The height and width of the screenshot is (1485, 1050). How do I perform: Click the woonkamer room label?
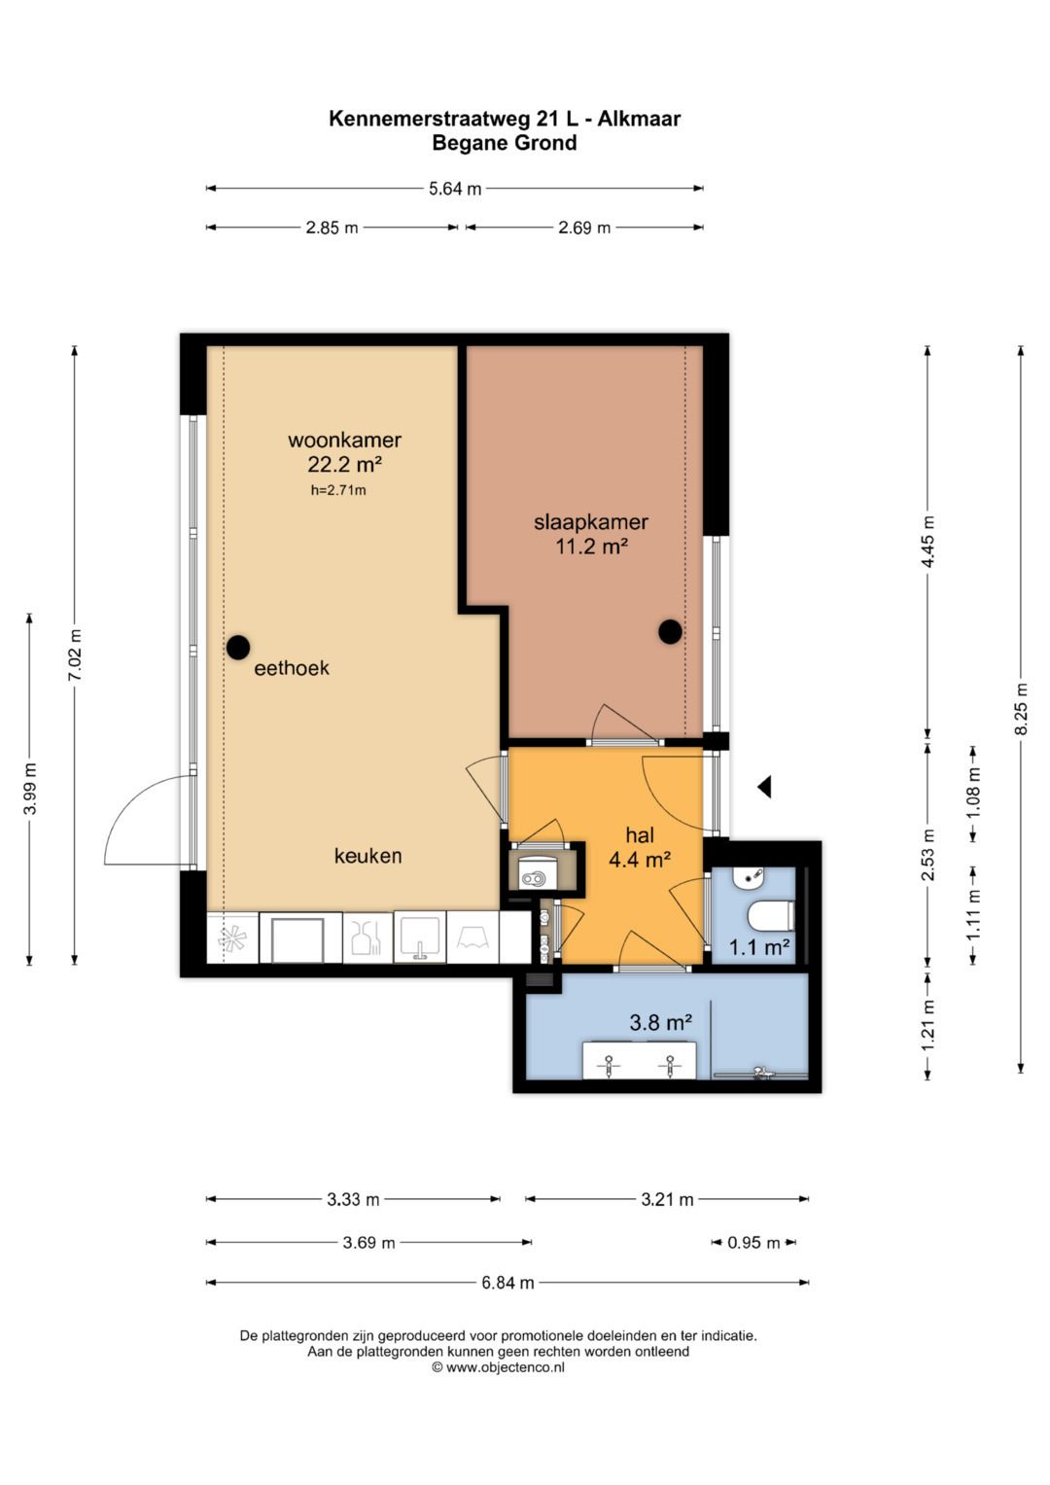click(344, 441)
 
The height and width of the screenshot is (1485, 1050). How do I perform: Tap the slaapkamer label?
click(591, 522)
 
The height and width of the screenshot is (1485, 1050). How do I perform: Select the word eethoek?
click(292, 668)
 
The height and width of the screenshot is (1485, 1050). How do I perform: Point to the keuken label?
click(367, 856)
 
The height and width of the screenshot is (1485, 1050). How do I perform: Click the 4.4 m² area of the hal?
click(640, 860)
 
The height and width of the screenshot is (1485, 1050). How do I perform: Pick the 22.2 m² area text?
click(345, 464)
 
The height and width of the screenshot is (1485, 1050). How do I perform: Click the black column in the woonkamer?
click(238, 647)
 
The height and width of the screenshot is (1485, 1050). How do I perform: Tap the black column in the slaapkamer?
click(670, 632)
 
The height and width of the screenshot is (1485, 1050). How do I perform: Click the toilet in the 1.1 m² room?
click(771, 915)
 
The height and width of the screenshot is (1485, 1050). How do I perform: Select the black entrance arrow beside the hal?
click(765, 787)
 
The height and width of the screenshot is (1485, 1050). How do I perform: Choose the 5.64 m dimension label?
click(455, 189)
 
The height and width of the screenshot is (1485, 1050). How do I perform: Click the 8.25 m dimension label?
click(1022, 708)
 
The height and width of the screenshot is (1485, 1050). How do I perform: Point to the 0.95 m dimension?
click(753, 1242)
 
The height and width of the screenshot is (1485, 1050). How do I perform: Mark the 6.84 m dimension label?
click(507, 1283)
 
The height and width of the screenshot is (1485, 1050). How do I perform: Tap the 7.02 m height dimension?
click(75, 655)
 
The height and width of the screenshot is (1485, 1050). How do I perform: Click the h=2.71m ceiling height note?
click(338, 491)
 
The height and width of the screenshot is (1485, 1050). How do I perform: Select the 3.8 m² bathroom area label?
click(661, 1023)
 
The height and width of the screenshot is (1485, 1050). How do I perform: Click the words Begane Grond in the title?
click(505, 143)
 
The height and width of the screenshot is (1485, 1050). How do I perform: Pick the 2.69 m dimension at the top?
click(584, 229)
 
